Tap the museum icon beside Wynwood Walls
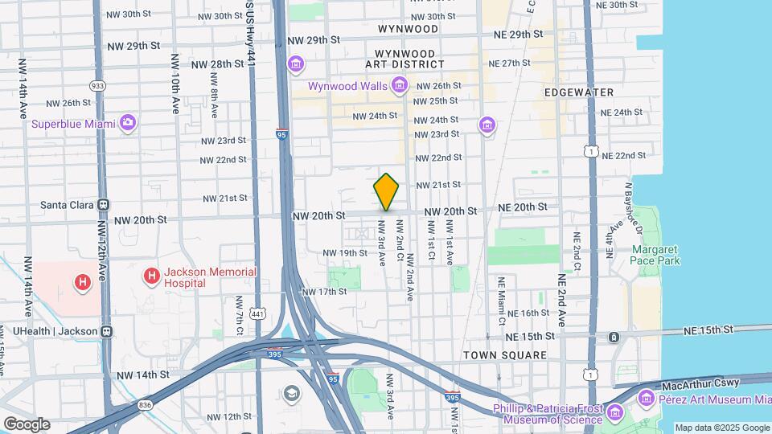(400, 85)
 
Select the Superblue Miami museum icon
(127, 123)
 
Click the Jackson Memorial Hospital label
(211, 277)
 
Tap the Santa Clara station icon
(103, 205)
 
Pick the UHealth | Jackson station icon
(106, 330)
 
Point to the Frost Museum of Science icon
(615, 413)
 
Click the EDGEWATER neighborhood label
(579, 92)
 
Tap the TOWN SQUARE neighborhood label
(504, 354)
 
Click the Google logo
(27, 424)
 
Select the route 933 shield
(98, 84)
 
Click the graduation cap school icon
(290, 393)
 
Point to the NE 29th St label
(520, 35)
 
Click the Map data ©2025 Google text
(721, 428)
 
